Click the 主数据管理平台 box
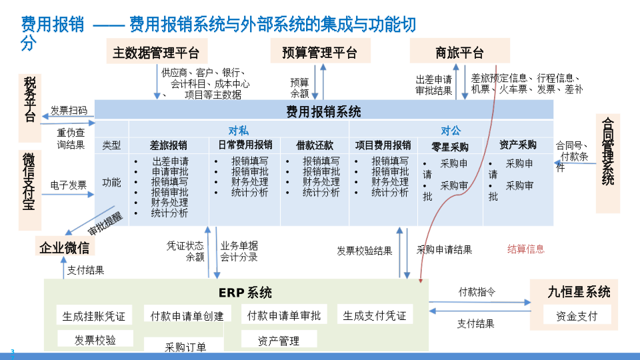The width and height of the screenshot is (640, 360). [157, 52]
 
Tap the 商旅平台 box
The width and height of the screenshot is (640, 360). [459, 52]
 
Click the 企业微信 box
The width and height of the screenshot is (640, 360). [64, 248]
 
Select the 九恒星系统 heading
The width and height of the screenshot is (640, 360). [579, 292]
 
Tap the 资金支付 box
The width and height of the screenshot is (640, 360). [577, 315]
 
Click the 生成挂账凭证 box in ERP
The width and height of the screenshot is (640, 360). [93, 316]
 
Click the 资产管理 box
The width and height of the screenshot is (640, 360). [279, 341]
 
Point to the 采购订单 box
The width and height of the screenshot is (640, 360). [185, 347]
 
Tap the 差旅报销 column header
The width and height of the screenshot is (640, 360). [169, 145]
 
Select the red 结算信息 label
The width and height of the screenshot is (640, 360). [526, 249]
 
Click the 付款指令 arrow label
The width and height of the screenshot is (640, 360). [477, 292]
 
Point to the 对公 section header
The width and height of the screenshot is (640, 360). [451, 130]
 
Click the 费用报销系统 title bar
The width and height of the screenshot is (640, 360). [324, 111]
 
